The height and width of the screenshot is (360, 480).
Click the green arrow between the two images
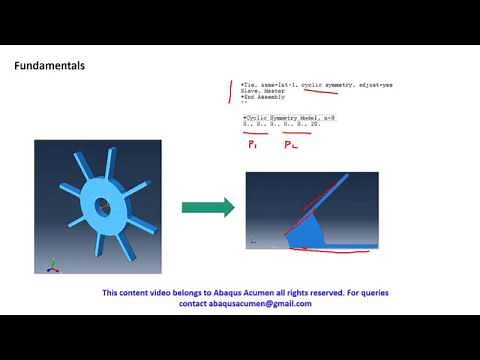(x=207, y=208)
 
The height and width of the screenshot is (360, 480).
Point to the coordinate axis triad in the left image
(x=42, y=266)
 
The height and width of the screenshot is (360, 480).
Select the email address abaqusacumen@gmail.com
(x=240, y=303)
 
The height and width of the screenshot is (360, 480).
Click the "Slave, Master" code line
(x=262, y=91)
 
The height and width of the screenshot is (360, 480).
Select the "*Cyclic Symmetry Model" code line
(x=282, y=118)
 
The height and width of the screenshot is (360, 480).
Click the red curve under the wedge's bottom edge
(x=320, y=251)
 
